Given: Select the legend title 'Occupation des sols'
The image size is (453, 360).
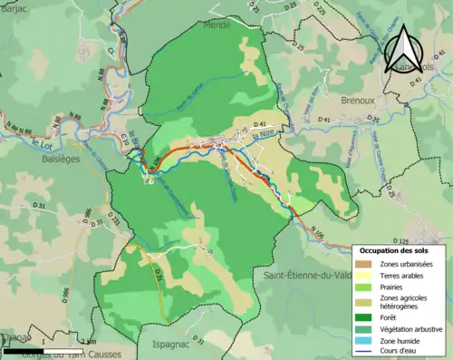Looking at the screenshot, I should (400, 250).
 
